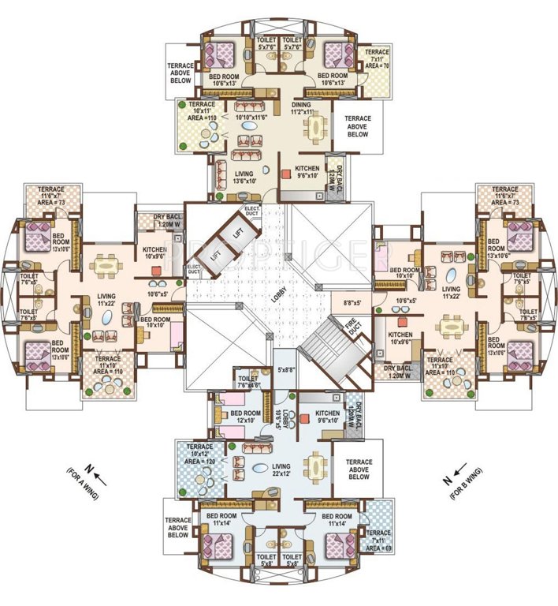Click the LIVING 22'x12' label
[259, 450]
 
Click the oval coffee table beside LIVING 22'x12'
[259, 468]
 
